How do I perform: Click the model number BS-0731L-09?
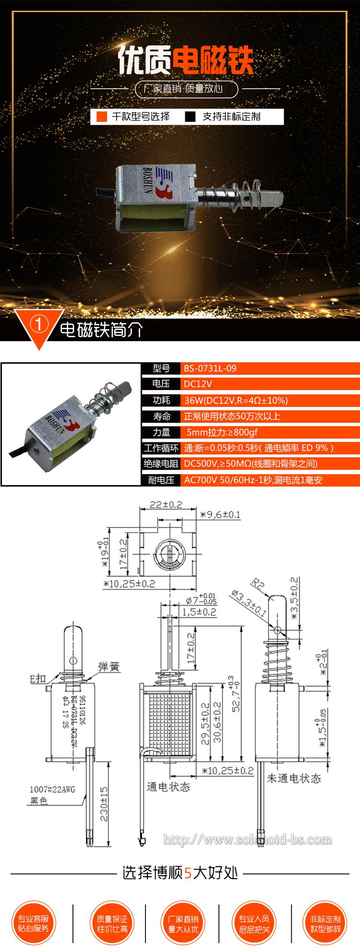210,369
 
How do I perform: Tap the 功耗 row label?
161,400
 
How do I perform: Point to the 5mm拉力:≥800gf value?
222,432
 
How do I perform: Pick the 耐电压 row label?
161,480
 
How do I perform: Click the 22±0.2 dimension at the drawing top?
166,505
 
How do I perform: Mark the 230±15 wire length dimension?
104,804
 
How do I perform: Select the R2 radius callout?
258,584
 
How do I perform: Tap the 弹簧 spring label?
108,666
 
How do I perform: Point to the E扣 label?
38,678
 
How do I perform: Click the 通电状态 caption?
168,787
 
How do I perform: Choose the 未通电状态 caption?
294,778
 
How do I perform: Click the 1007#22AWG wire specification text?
52,789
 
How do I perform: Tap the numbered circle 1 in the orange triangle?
39,324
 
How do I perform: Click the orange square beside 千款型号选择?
102,117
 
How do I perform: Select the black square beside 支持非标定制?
191,117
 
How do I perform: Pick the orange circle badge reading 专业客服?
34,923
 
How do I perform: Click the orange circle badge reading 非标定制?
325,923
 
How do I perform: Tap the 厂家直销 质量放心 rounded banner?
186,89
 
